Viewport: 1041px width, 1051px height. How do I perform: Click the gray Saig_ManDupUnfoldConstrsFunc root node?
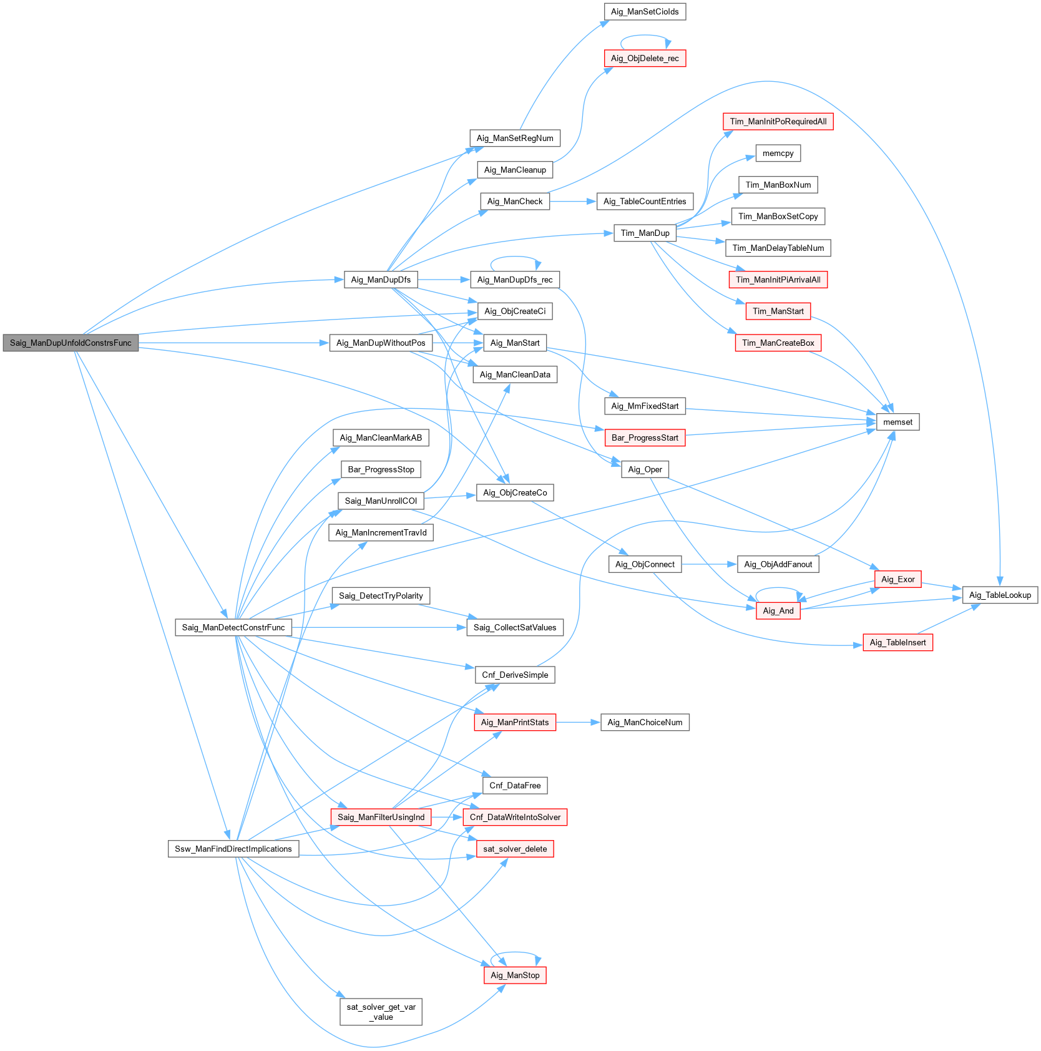point(71,343)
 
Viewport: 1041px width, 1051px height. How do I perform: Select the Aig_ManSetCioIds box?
point(645,11)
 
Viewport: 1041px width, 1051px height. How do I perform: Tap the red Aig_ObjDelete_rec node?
point(645,58)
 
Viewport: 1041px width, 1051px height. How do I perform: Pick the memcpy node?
point(778,153)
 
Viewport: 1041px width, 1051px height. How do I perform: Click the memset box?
point(897,422)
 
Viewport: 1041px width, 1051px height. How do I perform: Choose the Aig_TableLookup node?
point(1000,595)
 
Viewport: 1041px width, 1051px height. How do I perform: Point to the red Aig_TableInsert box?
point(897,642)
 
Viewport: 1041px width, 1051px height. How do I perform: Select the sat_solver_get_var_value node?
point(381,1011)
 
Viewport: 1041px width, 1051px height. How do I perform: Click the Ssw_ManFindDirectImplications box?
point(233,849)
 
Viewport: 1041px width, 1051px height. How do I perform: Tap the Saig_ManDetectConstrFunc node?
point(233,627)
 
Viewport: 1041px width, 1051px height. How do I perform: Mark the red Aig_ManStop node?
point(515,975)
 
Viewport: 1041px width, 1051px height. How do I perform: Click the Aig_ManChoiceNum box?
point(645,722)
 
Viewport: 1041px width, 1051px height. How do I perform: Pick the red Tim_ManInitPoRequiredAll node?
point(778,121)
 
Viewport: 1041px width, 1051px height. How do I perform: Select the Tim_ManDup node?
point(645,233)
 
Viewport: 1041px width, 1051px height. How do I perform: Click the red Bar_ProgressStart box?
point(645,438)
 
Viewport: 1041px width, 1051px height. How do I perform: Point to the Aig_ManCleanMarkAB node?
point(381,438)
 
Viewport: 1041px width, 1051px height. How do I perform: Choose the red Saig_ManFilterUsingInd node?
point(381,817)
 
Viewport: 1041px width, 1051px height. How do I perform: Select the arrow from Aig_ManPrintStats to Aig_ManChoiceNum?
point(578,722)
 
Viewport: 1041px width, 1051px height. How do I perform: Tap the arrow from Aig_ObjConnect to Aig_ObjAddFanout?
point(709,564)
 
